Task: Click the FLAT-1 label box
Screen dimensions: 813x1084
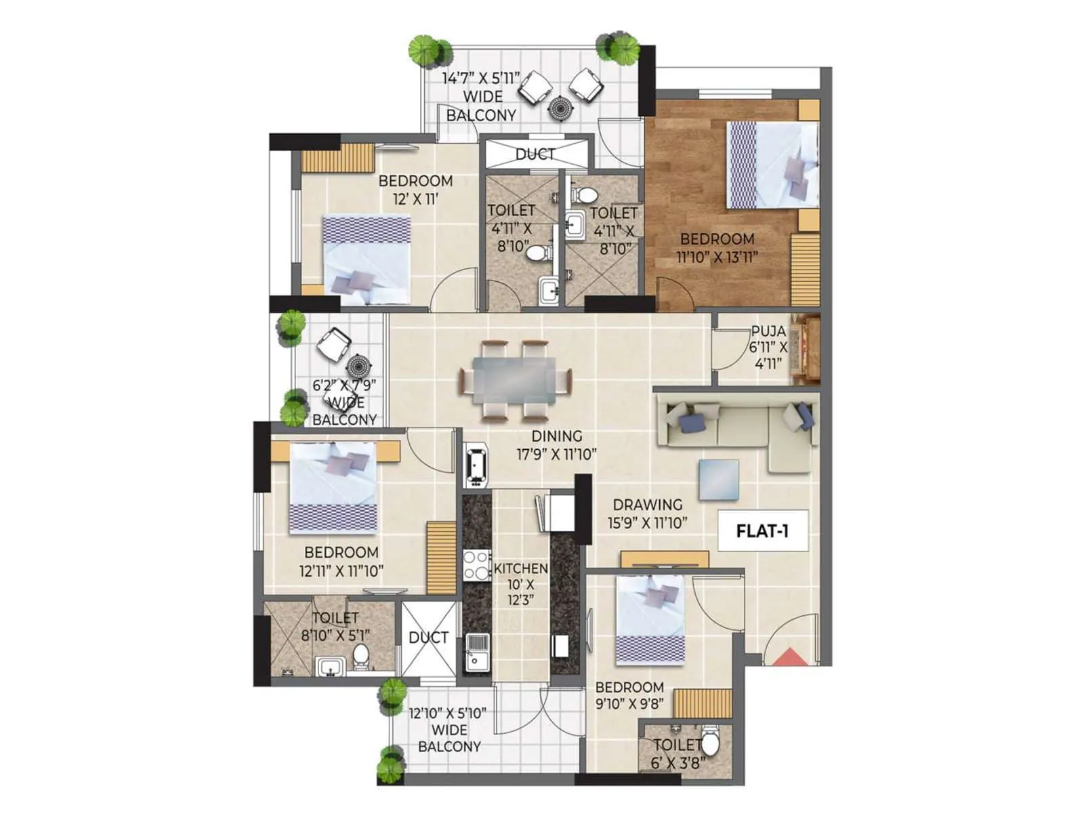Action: tap(762, 530)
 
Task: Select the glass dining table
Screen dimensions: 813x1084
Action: tap(514, 379)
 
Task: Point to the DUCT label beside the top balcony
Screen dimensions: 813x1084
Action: tap(535, 154)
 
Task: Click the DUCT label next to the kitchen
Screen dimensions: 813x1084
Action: tap(428, 638)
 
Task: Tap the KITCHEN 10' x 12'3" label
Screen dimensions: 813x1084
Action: tap(520, 583)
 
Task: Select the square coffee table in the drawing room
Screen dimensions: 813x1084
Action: tap(719, 480)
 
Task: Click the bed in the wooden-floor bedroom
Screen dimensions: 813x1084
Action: tap(772, 165)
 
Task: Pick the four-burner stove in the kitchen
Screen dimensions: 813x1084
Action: tap(477, 565)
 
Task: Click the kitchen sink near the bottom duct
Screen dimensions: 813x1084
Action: tap(478, 650)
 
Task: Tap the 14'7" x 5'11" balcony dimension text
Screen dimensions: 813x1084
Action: tap(481, 79)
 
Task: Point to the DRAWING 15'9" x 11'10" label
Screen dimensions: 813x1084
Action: tap(648, 514)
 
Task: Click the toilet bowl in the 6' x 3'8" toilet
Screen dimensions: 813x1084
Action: tap(709, 743)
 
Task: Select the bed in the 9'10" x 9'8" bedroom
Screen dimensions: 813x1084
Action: tap(650, 620)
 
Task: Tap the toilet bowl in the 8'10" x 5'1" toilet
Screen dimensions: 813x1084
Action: tap(361, 656)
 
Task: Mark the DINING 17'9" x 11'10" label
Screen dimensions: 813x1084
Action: tap(556, 445)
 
